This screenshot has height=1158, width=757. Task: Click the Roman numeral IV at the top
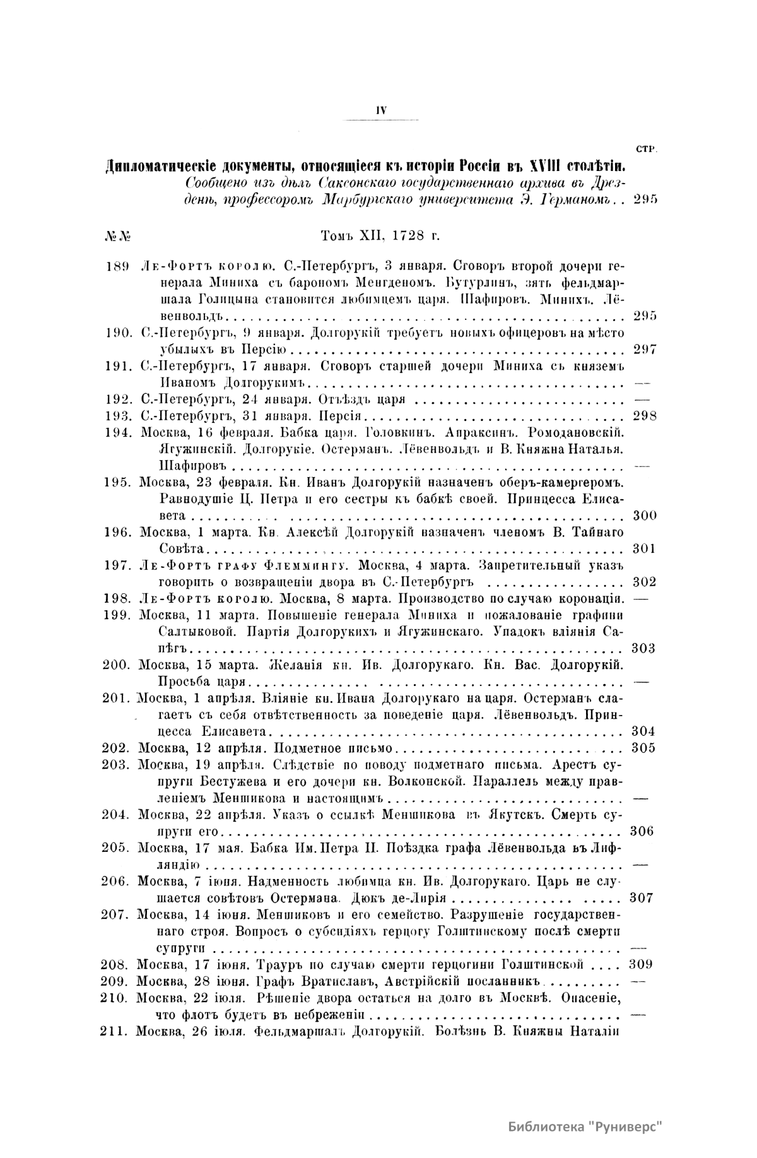[380, 109]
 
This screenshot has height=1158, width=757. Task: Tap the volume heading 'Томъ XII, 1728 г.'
[380, 235]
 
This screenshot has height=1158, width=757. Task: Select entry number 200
[117, 665]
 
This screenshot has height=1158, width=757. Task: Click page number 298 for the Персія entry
[644, 415]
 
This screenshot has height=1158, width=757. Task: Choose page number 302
[644, 582]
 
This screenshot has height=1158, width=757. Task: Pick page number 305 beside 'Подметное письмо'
[643, 748]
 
